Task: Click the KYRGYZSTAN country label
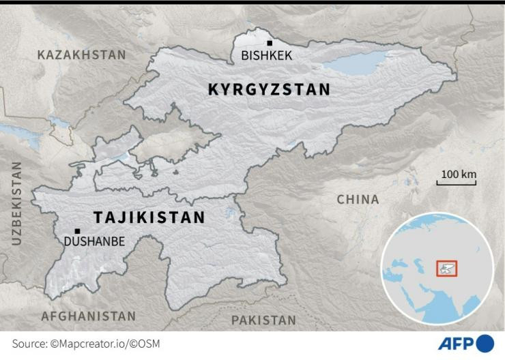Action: pos(269,89)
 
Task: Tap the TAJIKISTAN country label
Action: pos(149,217)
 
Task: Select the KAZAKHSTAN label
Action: pos(81,55)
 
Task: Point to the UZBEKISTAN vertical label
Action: pos(16,203)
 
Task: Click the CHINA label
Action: pos(358,199)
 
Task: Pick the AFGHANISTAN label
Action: pos(89,316)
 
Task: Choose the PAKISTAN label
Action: pos(263,320)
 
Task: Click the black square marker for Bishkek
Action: pos(270,43)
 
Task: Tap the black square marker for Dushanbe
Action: pos(77,231)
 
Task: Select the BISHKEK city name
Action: pos(267,56)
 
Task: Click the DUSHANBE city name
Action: pos(94,241)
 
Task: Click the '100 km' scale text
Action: pos(458,175)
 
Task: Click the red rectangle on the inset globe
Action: pos(446,268)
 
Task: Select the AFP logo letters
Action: pos(456,343)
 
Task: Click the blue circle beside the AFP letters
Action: pos(485,343)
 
